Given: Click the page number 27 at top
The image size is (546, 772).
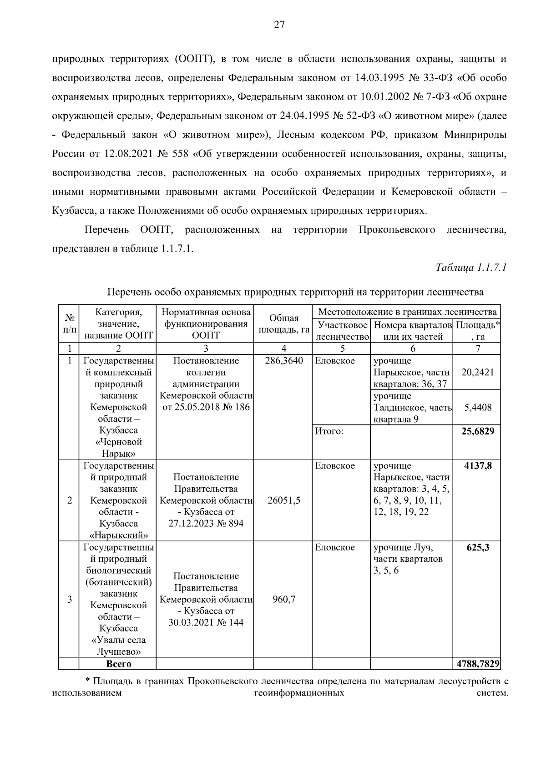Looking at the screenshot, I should (279, 25).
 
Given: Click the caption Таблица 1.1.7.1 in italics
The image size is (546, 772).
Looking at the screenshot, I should (471, 267).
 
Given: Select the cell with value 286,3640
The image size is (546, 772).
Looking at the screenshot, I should (283, 361).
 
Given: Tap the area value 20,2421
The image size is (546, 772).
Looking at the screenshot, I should (477, 373).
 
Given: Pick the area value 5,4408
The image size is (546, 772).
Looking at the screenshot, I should (477, 408).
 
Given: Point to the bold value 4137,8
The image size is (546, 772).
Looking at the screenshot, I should (477, 466).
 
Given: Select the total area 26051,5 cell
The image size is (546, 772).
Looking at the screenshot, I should (283, 500).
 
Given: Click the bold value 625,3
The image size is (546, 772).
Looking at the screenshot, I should (477, 547).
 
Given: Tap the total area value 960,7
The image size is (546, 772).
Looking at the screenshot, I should (283, 600).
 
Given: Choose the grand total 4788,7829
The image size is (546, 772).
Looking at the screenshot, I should (477, 664).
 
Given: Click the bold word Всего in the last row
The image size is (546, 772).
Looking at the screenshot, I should (118, 664).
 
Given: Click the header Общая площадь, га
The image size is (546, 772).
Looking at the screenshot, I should (283, 324).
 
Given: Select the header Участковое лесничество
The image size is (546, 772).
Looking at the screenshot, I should (342, 331).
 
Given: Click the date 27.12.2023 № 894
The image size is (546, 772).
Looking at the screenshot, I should (206, 524).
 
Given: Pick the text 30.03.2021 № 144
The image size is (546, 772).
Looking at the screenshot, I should (206, 622).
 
